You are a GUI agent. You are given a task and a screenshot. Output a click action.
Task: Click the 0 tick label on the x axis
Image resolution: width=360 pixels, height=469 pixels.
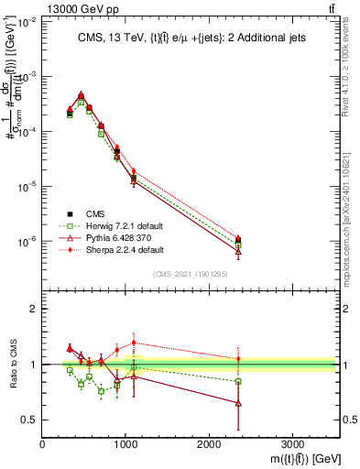pyautogui.click(x=42, y=443)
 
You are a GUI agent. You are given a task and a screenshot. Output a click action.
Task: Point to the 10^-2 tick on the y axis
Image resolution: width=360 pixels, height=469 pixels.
pyautogui.click(x=27, y=22)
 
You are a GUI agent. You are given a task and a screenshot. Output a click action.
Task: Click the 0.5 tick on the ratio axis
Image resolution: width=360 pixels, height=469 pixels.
pyautogui.click(x=29, y=420)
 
